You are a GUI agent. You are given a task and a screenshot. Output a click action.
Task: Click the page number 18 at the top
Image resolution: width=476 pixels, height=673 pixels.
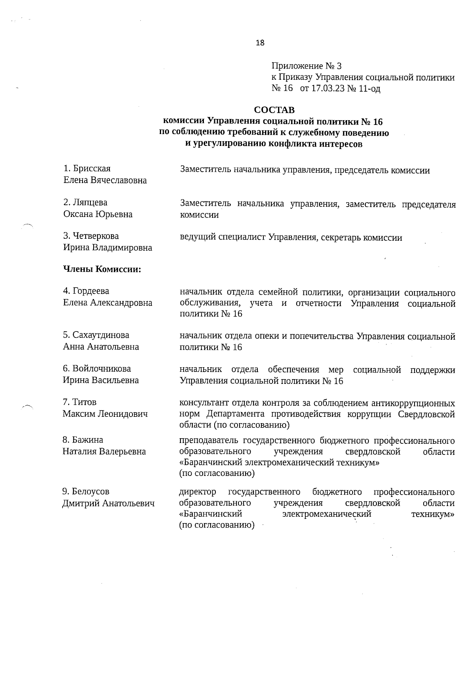(x=260, y=43)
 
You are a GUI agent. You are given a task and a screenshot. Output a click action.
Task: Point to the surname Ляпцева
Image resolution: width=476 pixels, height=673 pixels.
(x=90, y=203)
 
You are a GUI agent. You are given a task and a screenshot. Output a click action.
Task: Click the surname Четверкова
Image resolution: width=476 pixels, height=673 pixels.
(x=96, y=236)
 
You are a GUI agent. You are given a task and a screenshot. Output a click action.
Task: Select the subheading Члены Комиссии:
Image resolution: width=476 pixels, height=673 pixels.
(x=102, y=270)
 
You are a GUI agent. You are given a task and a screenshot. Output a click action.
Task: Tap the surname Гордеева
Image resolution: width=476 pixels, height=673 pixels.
(x=91, y=291)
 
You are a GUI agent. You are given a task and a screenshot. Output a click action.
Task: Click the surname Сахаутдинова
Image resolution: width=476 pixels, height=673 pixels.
(x=101, y=335)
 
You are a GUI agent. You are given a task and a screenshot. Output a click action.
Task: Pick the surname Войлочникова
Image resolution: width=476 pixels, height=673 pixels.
(x=102, y=369)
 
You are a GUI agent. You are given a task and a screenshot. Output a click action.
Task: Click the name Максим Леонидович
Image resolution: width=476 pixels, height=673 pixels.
(x=105, y=414)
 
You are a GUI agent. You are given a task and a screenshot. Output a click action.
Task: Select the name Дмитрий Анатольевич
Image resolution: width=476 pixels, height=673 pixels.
(x=108, y=504)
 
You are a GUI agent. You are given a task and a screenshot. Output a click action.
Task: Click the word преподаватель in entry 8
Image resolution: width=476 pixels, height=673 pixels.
(x=209, y=441)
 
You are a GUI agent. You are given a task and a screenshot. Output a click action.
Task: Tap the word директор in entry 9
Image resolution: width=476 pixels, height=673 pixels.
(x=198, y=492)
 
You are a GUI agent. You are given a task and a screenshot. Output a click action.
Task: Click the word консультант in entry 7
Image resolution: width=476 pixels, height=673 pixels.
(x=205, y=403)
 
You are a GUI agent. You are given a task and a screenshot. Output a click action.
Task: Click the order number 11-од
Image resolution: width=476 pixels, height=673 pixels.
(x=369, y=89)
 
